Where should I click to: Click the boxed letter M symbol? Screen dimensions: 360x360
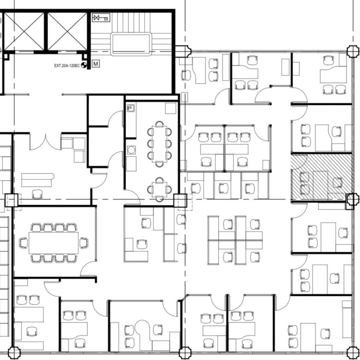(96, 64)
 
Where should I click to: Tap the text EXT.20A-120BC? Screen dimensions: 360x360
(67, 66)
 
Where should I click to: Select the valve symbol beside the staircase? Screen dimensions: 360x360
(101, 18)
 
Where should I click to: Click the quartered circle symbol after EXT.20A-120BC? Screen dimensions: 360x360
(84, 65)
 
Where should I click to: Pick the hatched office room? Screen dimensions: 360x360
(321, 177)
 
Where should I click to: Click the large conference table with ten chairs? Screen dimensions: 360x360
(54, 243)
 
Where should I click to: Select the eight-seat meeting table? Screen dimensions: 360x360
(159, 144)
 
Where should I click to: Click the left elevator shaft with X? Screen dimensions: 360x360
(24, 31)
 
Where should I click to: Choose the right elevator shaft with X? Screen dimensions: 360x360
(67, 31)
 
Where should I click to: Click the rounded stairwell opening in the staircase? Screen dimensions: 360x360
(132, 44)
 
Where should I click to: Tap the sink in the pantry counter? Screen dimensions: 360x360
(131, 108)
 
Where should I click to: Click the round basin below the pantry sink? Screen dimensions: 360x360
(131, 150)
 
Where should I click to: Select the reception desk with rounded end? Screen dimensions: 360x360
(38, 180)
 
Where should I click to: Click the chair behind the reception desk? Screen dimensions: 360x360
(37, 194)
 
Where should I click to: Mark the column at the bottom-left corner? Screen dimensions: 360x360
(14, 353)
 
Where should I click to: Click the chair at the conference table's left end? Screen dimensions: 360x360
(24, 243)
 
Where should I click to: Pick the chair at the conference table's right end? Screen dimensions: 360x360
(84, 243)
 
